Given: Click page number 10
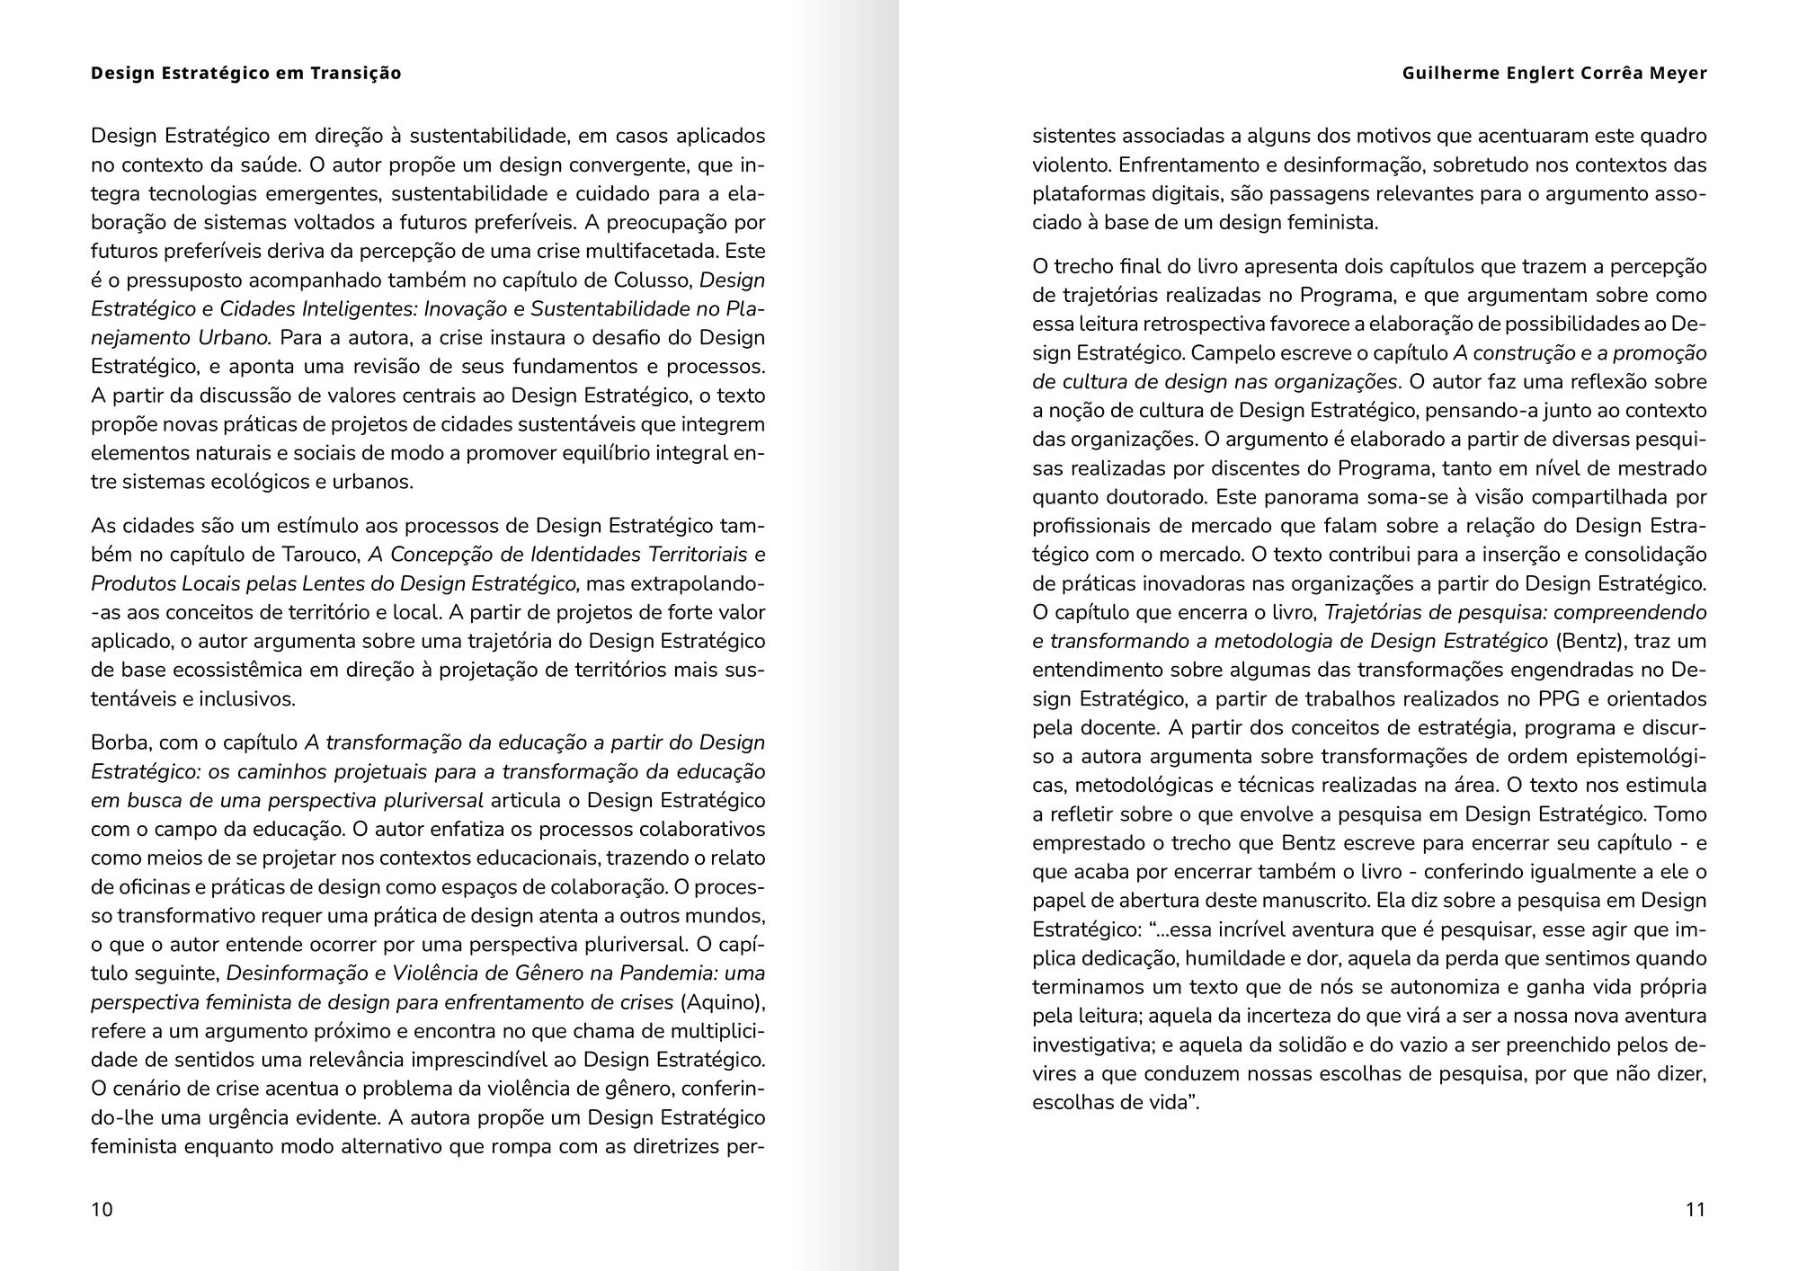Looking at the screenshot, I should [x=102, y=1209].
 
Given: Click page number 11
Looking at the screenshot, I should [x=1695, y=1209].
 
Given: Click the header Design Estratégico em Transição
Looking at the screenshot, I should [x=245, y=74].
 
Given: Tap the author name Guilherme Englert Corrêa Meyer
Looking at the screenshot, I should [x=1553, y=74].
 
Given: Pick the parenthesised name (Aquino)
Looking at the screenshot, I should [x=723, y=1002].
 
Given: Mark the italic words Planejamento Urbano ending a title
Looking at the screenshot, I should [x=180, y=338].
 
